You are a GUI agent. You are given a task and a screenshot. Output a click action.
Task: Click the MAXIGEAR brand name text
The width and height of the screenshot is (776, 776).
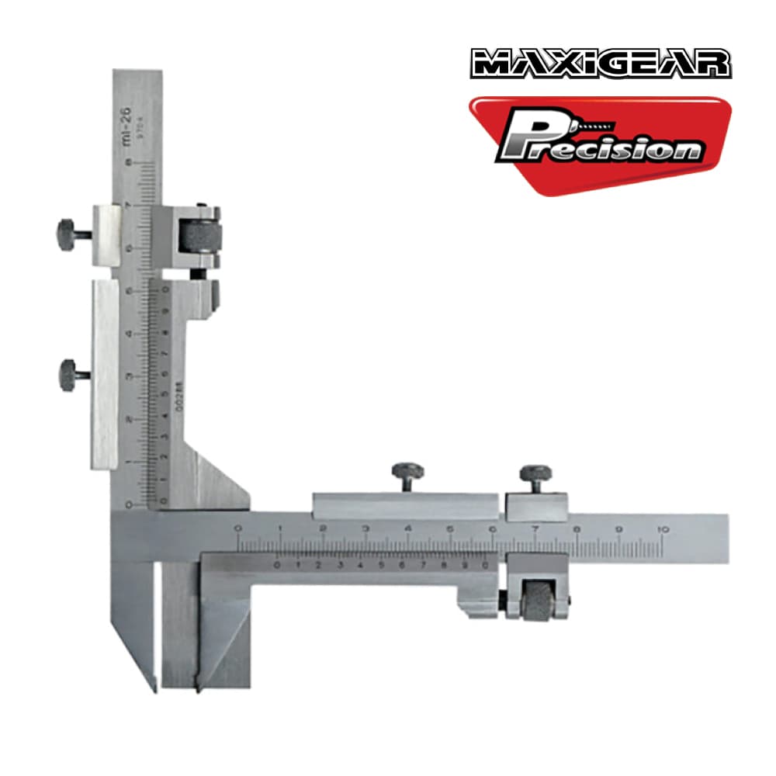[601, 64]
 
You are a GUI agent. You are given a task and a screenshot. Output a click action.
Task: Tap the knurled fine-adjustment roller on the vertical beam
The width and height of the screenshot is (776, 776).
[199, 236]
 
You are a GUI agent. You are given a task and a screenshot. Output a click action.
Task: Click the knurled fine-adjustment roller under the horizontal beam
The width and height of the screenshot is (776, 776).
[536, 601]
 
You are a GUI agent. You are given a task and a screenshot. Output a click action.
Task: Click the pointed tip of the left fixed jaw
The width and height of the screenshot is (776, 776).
[153, 688]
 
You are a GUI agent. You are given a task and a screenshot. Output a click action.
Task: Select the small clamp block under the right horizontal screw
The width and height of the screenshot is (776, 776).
[536, 507]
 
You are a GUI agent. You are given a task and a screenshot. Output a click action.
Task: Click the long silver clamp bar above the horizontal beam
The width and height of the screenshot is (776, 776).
[404, 507]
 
